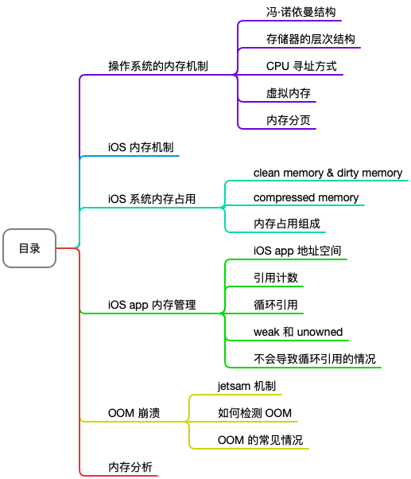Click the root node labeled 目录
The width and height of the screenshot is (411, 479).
click(x=29, y=248)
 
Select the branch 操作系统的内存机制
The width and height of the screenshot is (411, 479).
click(x=158, y=66)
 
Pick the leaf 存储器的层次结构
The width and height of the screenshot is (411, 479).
click(x=310, y=39)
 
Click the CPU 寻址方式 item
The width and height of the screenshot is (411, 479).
click(x=300, y=66)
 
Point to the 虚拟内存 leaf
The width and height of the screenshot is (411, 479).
click(x=288, y=93)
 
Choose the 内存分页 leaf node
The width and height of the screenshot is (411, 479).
click(x=288, y=120)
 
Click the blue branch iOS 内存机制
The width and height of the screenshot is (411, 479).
click(x=141, y=147)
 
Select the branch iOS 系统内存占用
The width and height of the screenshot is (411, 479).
click(x=152, y=199)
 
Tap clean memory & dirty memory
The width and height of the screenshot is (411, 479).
click(x=328, y=173)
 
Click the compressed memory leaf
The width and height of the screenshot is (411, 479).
click(x=306, y=197)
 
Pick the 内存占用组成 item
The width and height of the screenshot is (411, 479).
click(x=287, y=224)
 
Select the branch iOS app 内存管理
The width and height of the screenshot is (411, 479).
click(x=152, y=305)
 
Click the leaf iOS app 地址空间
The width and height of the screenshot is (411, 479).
click(x=297, y=251)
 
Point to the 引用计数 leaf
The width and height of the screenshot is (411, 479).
click(x=276, y=278)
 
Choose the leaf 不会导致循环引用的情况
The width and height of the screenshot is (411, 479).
click(x=314, y=358)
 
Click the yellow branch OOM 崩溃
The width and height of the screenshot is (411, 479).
click(x=134, y=412)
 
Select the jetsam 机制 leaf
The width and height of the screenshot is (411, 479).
click(x=247, y=386)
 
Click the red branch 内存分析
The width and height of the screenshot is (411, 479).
click(x=130, y=467)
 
